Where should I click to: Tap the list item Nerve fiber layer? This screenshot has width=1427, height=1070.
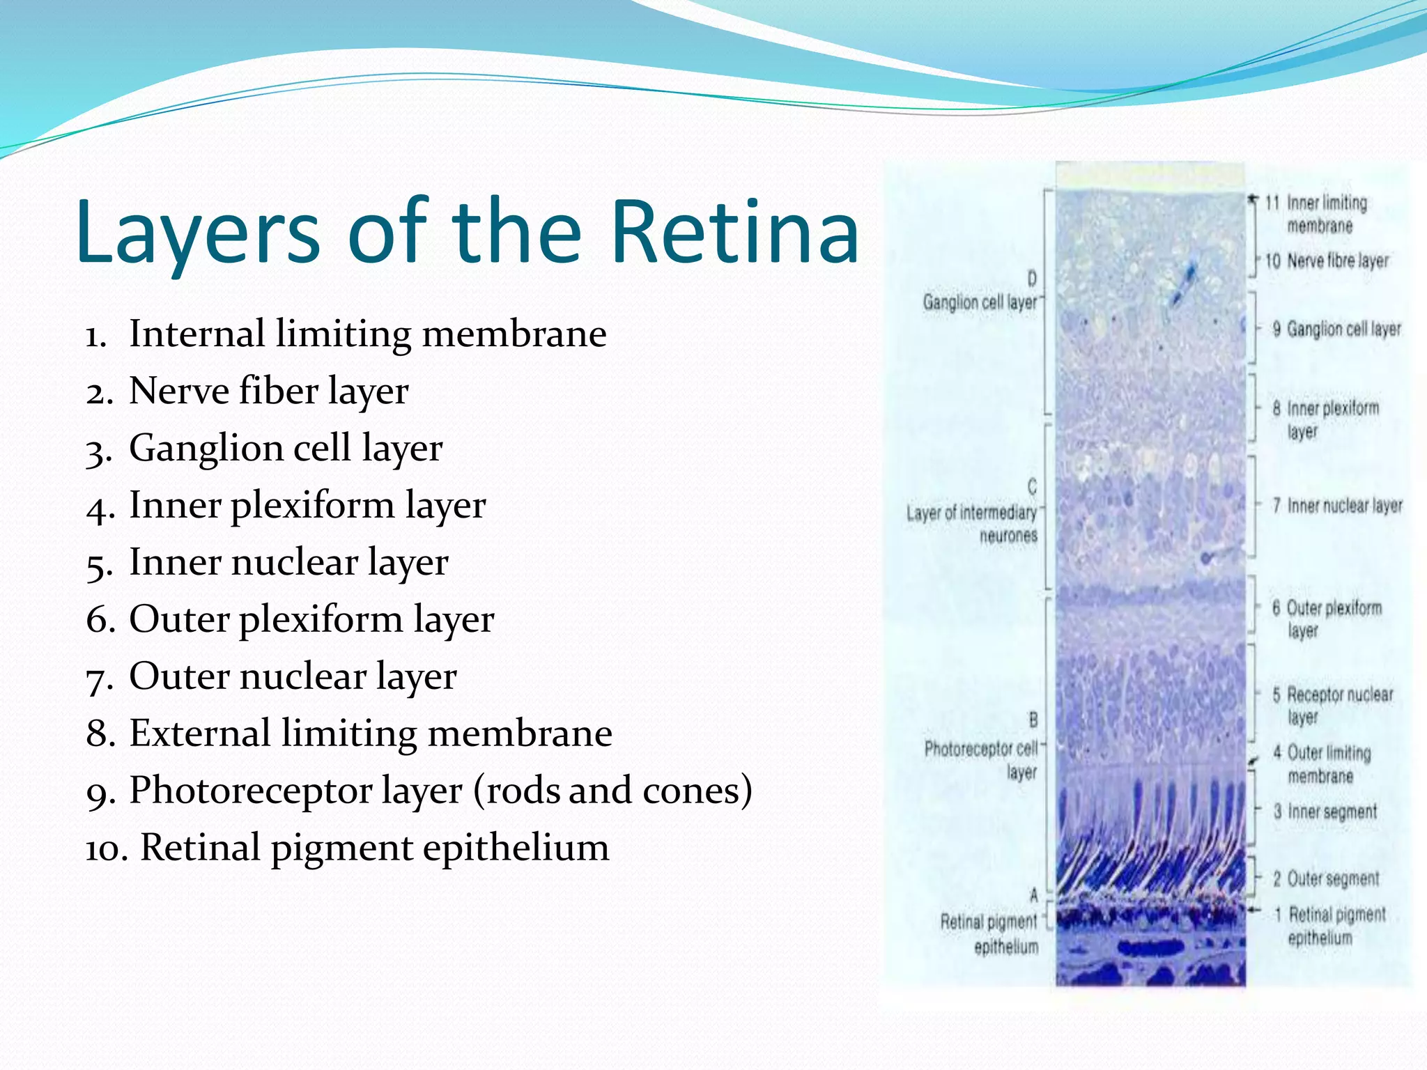[x=268, y=391]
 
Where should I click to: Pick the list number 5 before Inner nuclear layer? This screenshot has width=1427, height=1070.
[x=98, y=564]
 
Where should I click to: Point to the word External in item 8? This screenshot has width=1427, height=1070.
[x=199, y=734]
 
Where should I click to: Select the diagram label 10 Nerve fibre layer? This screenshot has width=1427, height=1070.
[x=1327, y=261]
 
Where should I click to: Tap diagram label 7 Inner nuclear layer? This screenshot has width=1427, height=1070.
[x=1338, y=506]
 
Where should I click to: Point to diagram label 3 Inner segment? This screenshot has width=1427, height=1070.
[x=1325, y=812]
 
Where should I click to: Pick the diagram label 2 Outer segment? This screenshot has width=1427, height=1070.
[x=1326, y=878]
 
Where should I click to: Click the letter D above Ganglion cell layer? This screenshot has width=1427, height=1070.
[x=1032, y=279]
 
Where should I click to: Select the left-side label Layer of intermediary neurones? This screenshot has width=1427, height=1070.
[x=972, y=524]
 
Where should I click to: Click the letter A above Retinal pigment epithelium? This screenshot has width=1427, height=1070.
[x=1034, y=896]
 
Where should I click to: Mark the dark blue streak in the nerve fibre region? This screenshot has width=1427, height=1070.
[x=1183, y=284]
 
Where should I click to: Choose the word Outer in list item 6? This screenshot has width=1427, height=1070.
[x=179, y=619]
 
